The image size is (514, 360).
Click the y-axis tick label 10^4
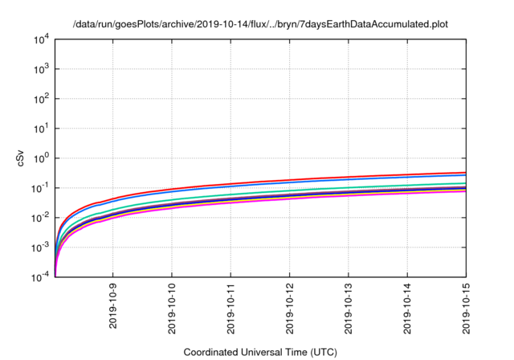[x=40, y=39]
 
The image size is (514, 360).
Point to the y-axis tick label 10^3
[x=40, y=68]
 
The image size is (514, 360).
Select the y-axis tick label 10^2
[x=40, y=98]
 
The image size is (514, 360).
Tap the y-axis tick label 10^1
[x=40, y=128]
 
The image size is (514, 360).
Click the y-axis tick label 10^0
[x=40, y=157]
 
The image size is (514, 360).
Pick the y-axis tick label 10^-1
[x=39, y=187]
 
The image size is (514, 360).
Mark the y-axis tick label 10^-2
[x=39, y=217]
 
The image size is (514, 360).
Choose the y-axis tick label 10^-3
[x=39, y=247]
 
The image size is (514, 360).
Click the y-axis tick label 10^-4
[x=39, y=276]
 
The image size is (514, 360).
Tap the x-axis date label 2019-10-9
[x=113, y=307]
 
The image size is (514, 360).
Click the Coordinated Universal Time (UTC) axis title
[x=260, y=352]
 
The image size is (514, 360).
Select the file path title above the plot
[x=260, y=24]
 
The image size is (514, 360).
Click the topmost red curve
[x=321, y=178]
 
